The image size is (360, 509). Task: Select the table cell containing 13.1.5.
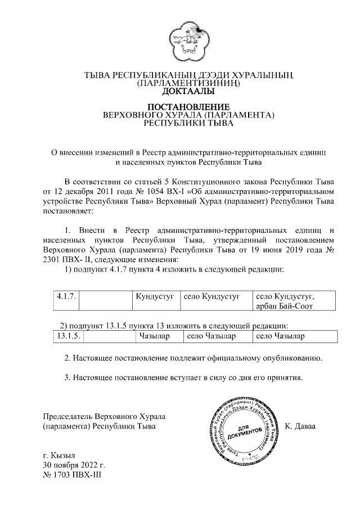(x=70, y=336)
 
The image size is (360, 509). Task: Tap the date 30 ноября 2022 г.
(x=75, y=465)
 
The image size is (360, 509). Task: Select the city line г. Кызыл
(x=59, y=455)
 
